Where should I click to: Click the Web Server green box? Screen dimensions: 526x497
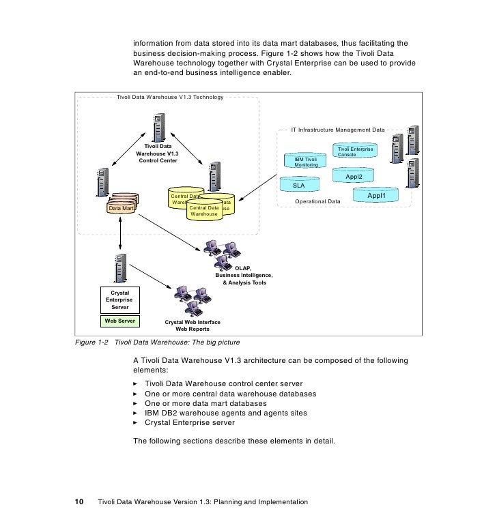(120, 321)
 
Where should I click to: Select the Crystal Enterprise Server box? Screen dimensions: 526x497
(120, 300)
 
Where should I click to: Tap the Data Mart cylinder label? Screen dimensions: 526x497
(121, 208)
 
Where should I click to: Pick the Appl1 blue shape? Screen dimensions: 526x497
(377, 196)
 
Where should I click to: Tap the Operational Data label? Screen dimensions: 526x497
(317, 202)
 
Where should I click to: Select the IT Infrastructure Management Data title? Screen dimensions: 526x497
(338, 128)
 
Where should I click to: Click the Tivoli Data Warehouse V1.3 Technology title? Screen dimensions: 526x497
(170, 98)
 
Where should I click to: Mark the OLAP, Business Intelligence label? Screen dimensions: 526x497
(244, 275)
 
